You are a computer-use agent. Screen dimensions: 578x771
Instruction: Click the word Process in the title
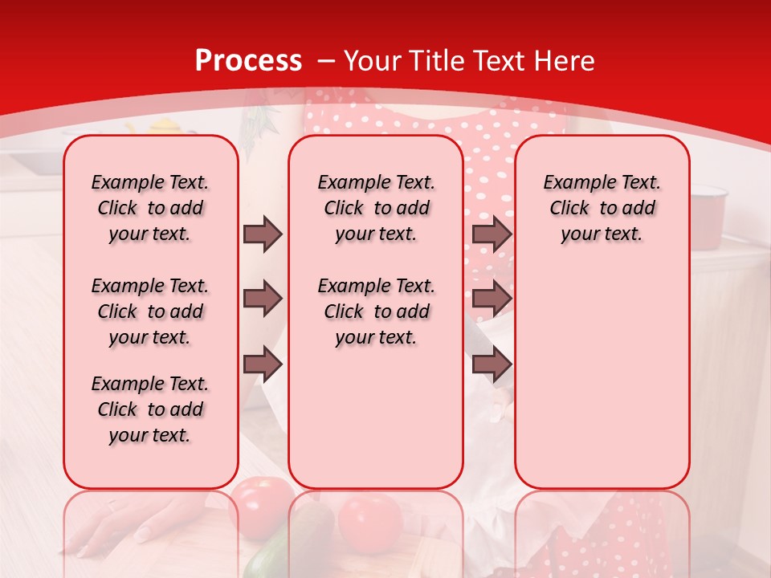[248, 61]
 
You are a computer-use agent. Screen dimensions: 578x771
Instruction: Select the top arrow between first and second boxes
[263, 234]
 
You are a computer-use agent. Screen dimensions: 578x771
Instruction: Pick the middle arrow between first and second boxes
[263, 299]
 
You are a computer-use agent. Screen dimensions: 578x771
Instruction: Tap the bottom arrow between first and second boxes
[263, 364]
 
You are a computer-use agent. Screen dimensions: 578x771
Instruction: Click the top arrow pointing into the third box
[492, 234]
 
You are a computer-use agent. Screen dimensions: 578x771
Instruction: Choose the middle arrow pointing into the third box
[492, 299]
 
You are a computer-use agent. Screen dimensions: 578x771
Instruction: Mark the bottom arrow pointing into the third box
[492, 364]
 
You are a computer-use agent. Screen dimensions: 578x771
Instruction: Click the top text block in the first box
[150, 208]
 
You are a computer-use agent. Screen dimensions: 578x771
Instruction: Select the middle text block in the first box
[150, 311]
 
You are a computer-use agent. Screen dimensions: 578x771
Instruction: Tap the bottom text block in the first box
[150, 409]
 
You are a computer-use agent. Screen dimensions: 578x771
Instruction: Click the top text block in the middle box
[376, 208]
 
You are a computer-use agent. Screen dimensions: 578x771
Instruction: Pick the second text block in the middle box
[376, 311]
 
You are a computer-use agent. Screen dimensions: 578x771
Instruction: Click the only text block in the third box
[602, 208]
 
